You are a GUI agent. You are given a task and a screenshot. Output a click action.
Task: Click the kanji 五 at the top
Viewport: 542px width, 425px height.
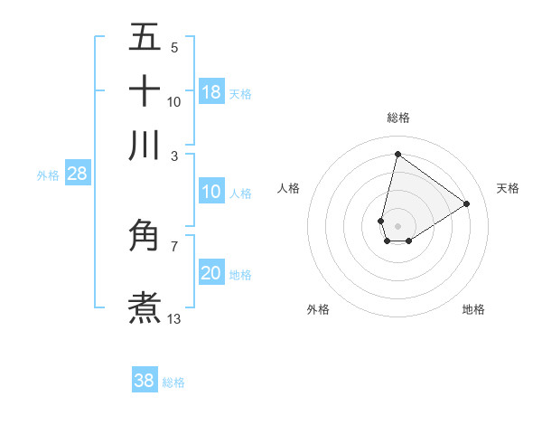click(x=145, y=38)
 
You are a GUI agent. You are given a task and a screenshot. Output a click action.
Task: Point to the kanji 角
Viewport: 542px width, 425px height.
click(x=145, y=236)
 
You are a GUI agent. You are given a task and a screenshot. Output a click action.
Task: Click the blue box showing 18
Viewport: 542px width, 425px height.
click(x=211, y=91)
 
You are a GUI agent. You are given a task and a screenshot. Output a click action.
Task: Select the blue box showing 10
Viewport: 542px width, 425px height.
click(x=211, y=192)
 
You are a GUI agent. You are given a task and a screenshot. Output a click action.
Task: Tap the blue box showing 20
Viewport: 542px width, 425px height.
click(x=211, y=273)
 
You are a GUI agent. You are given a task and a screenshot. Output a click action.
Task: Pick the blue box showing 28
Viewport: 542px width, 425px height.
click(x=78, y=175)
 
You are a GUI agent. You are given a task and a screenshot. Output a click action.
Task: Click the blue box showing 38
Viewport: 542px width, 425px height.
click(x=145, y=381)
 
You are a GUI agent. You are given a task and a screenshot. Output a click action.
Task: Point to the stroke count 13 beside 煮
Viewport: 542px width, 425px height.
click(x=174, y=318)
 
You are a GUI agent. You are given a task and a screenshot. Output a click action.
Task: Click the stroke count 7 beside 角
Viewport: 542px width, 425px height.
click(x=173, y=245)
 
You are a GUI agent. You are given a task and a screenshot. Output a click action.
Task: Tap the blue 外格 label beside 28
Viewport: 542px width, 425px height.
click(x=48, y=175)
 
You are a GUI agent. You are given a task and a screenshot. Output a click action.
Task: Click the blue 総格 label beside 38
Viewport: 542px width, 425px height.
click(x=173, y=382)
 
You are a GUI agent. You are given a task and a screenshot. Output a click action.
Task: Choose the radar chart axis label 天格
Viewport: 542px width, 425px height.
click(x=508, y=188)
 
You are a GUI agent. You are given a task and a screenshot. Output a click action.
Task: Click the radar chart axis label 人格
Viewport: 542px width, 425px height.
click(x=289, y=188)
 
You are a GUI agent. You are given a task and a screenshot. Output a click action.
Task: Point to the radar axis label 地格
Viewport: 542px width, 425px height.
click(x=473, y=309)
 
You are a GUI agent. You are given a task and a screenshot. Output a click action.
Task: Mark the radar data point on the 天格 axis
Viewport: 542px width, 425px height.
click(x=467, y=203)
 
